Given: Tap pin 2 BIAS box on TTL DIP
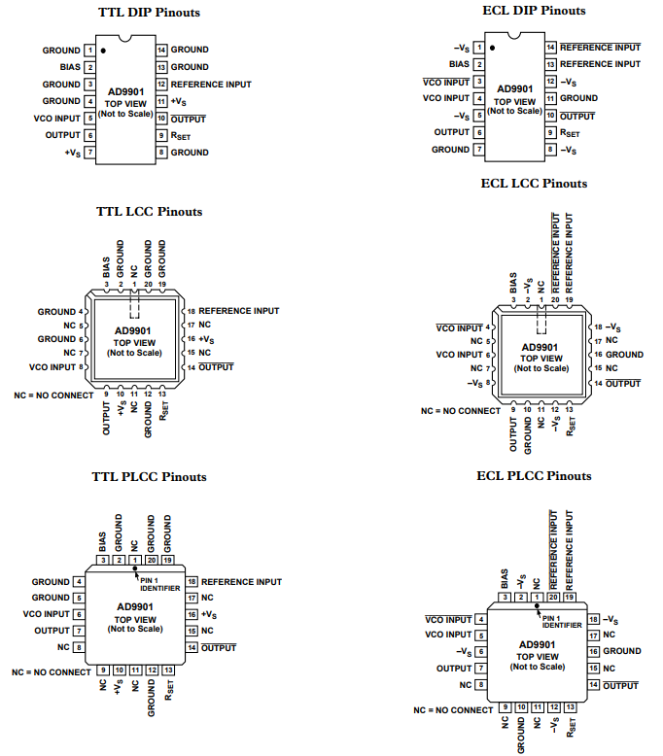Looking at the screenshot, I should click(89, 67).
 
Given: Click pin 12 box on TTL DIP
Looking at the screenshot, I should click(162, 85).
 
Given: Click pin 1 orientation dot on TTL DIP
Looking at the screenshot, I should click(102, 48).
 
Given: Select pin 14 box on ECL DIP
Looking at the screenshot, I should click(550, 47).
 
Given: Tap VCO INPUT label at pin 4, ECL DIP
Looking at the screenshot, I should click(446, 98).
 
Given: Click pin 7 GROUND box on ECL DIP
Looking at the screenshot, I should click(478, 150).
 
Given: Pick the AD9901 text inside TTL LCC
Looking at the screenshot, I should click(135, 331).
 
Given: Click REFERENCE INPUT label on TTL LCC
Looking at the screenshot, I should click(239, 311).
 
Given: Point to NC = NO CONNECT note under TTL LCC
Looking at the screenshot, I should click(54, 395).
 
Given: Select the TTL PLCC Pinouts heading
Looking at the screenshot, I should click(149, 477).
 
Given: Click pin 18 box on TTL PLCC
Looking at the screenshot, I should click(192, 582).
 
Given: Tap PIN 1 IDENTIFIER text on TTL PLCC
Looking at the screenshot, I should click(160, 585).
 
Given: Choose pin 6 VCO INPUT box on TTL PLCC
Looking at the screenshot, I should click(77, 614).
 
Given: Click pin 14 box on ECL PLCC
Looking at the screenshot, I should click(593, 685).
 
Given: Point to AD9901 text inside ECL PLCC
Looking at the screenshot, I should click(538, 644).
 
